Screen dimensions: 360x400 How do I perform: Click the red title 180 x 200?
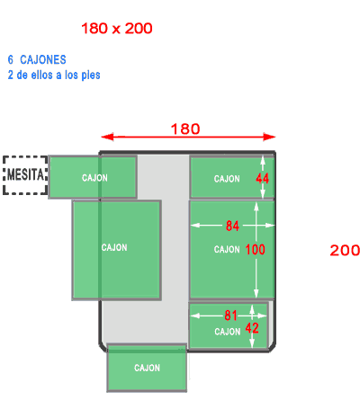point(117,29)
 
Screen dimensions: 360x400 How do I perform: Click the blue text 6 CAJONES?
point(37,59)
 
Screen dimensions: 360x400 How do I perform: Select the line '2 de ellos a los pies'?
point(54,75)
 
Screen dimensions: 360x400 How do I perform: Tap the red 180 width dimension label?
point(185,129)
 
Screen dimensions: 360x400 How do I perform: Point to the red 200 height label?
point(345,250)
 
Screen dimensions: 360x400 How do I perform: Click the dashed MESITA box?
point(25,175)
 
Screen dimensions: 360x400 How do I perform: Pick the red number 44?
point(263,179)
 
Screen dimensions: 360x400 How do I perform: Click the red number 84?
point(232,226)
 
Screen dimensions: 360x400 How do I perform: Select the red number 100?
point(256,249)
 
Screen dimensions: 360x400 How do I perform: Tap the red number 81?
point(230,316)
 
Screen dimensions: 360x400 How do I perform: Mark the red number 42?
point(252,328)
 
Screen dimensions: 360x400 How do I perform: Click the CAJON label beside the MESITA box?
point(94,178)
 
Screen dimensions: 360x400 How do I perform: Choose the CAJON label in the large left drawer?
point(114,247)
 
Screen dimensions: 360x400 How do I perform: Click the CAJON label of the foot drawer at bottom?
point(147,368)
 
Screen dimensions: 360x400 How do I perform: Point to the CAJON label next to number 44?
point(227,179)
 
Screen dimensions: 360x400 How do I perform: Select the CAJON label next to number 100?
point(227,249)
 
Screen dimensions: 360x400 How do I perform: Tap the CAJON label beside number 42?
point(228,332)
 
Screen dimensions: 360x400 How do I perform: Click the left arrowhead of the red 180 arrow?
point(107,137)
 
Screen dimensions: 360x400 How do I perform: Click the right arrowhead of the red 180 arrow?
point(269,137)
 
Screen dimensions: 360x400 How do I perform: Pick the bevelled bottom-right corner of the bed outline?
point(272,347)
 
